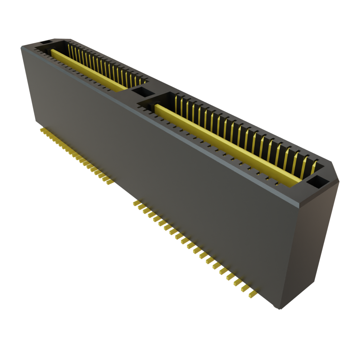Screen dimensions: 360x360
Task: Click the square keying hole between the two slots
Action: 143,92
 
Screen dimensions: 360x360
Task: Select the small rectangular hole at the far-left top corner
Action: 45,43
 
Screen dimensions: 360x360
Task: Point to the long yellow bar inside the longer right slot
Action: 225,144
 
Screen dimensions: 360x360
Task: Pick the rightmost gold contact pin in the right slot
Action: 314,168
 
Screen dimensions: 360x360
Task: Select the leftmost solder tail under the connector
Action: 42,130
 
